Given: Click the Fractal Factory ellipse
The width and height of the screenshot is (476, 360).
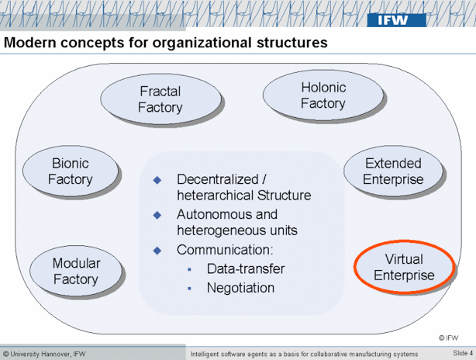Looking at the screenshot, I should pyautogui.click(x=160, y=99).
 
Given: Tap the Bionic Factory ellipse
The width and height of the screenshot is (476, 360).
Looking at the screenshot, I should pyautogui.click(x=71, y=171).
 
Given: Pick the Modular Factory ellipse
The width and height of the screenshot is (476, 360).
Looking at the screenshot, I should pyautogui.click(x=76, y=271).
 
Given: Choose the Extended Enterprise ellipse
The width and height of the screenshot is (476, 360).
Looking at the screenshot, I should pyautogui.click(x=393, y=171).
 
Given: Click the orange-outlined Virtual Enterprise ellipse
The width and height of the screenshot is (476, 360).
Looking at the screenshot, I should pyautogui.click(x=404, y=266).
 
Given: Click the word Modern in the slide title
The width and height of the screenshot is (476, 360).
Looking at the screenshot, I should pyautogui.click(x=30, y=43).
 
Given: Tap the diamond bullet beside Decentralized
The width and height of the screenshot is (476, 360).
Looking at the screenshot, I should pyautogui.click(x=158, y=179).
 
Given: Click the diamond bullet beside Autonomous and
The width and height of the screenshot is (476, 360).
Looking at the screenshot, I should pyautogui.click(x=158, y=215).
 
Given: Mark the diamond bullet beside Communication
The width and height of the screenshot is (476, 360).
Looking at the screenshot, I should pyautogui.click(x=158, y=250).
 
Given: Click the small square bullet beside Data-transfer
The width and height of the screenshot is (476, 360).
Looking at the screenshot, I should pyautogui.click(x=191, y=269).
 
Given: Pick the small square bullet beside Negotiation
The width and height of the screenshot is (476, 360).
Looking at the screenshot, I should pyautogui.click(x=191, y=288).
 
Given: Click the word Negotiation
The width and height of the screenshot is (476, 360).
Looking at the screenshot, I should pyautogui.click(x=241, y=288).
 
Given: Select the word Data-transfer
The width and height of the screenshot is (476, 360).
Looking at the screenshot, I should pyautogui.click(x=246, y=269).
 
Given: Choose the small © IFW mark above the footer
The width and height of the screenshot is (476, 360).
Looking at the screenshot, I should pyautogui.click(x=447, y=337).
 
